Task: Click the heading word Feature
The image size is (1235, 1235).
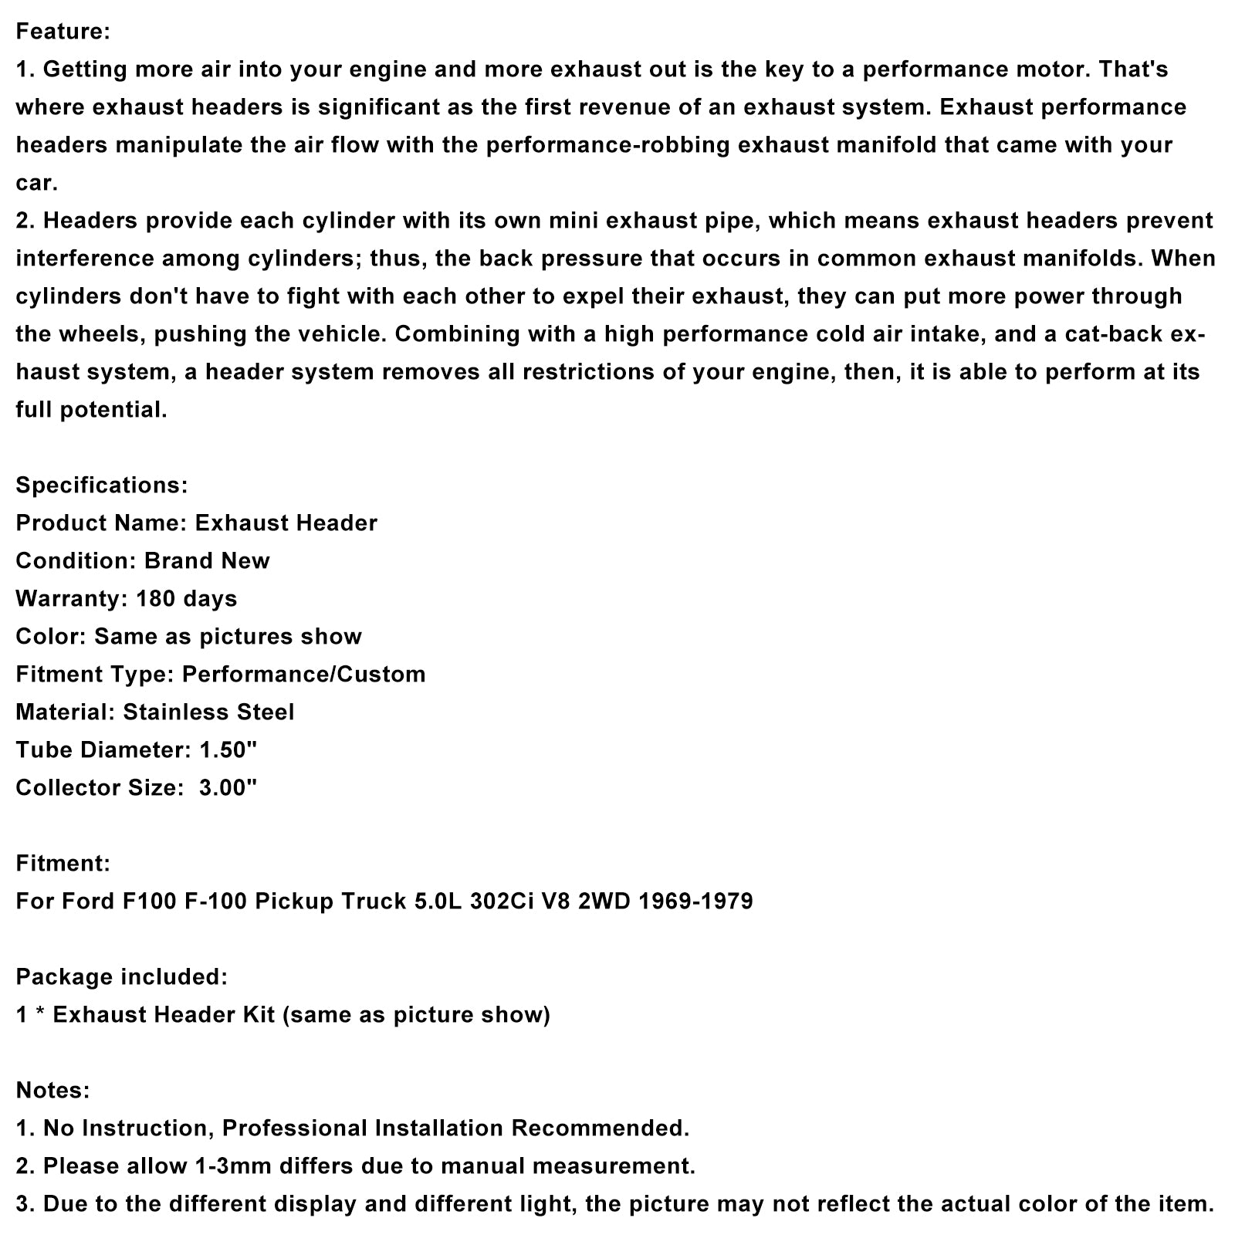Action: pyautogui.click(x=63, y=32)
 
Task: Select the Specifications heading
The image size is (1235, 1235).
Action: pyautogui.click(x=101, y=485)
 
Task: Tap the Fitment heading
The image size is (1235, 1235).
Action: pyautogui.click(x=63, y=863)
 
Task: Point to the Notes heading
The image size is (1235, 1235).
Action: pyautogui.click(x=52, y=1090)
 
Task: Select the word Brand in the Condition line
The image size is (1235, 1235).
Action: pyautogui.click(x=178, y=560)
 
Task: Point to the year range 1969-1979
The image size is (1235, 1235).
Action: pyautogui.click(x=695, y=901)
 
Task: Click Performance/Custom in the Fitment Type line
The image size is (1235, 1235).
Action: pyautogui.click(x=303, y=674)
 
